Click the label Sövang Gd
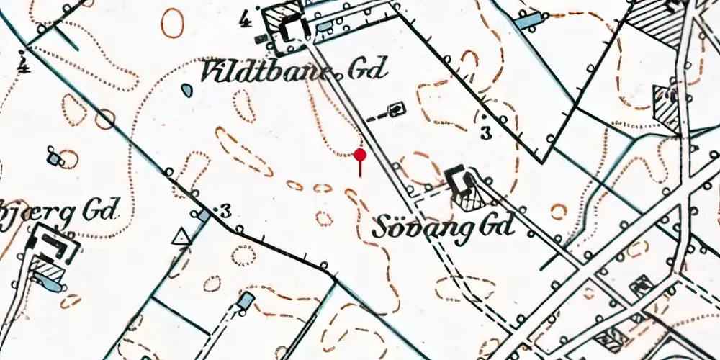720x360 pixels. tap(444, 228)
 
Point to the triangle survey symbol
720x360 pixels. tap(179, 236)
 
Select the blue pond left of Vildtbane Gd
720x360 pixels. tap(187, 90)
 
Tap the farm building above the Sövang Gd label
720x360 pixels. tap(458, 180)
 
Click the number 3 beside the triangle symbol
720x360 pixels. tap(225, 212)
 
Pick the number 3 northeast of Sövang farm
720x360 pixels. tap(486, 132)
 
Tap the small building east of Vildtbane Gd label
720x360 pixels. tap(396, 109)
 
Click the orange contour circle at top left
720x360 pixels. tap(172, 23)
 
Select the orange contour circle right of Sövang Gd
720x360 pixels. tap(559, 211)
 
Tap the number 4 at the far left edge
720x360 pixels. tap(24, 67)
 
